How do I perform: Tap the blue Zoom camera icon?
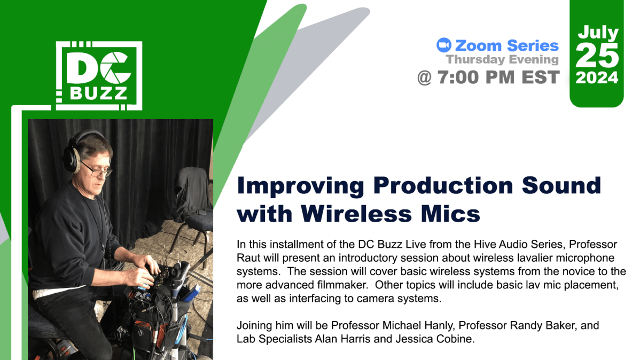[x=443, y=45]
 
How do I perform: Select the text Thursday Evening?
[x=502, y=60]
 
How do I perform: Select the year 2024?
[x=597, y=78]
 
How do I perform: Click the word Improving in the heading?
[x=301, y=186]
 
